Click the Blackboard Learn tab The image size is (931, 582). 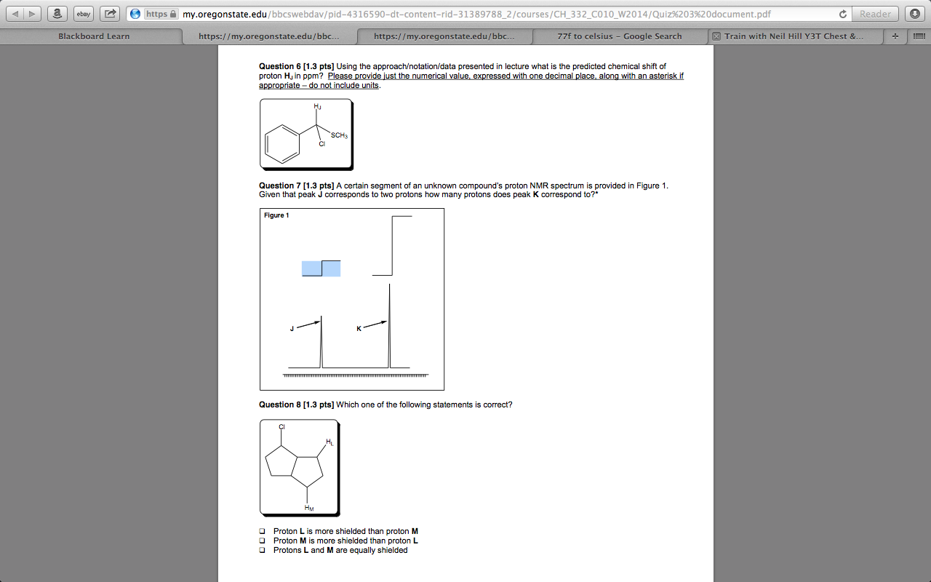click(x=94, y=36)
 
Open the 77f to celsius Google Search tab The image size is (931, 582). click(x=619, y=36)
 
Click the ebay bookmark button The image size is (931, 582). click(x=84, y=14)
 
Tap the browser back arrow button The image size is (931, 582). click(x=19, y=14)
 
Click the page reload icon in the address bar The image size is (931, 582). click(x=843, y=14)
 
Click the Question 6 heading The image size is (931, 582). click(x=296, y=66)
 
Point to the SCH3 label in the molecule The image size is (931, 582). click(x=340, y=135)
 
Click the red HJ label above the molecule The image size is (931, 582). click(x=317, y=107)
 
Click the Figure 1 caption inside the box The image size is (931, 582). click(x=276, y=215)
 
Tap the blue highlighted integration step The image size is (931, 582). click(x=321, y=268)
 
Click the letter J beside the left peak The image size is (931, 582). click(x=292, y=329)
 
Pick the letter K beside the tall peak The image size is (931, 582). click(x=359, y=329)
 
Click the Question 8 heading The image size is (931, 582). click(x=296, y=404)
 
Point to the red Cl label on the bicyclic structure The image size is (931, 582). click(x=281, y=426)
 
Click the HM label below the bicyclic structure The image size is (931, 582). click(x=309, y=508)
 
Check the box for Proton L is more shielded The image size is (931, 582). click(x=263, y=532)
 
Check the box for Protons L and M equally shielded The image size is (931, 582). click(x=263, y=551)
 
